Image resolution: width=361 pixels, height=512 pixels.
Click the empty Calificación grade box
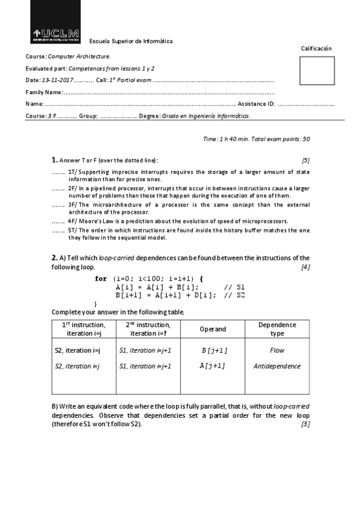[x=316, y=71]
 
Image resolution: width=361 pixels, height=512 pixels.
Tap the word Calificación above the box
[x=316, y=48]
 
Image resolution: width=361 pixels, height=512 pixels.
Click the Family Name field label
[x=44, y=92]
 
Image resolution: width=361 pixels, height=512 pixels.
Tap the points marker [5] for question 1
[x=306, y=160]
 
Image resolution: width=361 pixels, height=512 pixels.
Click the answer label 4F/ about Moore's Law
[x=72, y=221]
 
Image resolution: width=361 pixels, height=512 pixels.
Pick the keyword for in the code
[x=101, y=278]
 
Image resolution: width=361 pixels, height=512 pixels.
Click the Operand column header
[x=213, y=329]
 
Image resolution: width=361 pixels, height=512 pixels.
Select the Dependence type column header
[x=277, y=329]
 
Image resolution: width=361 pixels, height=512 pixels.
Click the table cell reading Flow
[x=277, y=350]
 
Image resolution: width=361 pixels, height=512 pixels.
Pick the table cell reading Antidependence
[x=277, y=366]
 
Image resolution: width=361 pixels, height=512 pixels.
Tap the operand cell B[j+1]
[x=214, y=350]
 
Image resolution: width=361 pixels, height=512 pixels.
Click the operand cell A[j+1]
[x=213, y=366]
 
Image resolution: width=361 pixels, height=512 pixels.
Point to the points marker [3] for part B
[x=306, y=424]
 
